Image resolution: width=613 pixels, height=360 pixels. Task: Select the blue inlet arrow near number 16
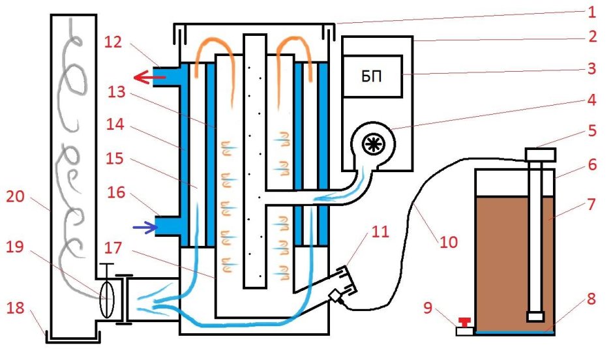click(145, 227)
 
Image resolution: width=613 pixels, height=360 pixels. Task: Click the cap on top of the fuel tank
click(540, 155)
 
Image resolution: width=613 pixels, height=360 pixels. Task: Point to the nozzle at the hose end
click(337, 297)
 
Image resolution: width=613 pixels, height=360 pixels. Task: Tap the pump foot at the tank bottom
click(536, 317)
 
